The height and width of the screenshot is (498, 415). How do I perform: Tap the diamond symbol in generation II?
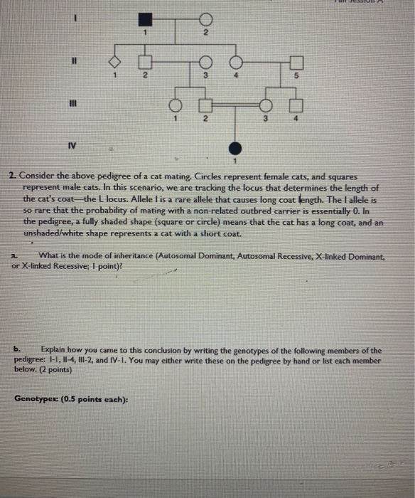coord(114,63)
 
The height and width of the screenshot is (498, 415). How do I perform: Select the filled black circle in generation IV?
coord(235,149)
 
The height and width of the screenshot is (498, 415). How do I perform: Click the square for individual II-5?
coord(296,63)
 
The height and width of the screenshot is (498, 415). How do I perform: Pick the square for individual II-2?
coord(144,63)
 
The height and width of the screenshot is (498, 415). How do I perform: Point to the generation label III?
coord(72,105)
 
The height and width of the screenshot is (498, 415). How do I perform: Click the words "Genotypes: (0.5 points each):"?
coord(71,399)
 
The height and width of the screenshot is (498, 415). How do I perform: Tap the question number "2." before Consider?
coord(13,175)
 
